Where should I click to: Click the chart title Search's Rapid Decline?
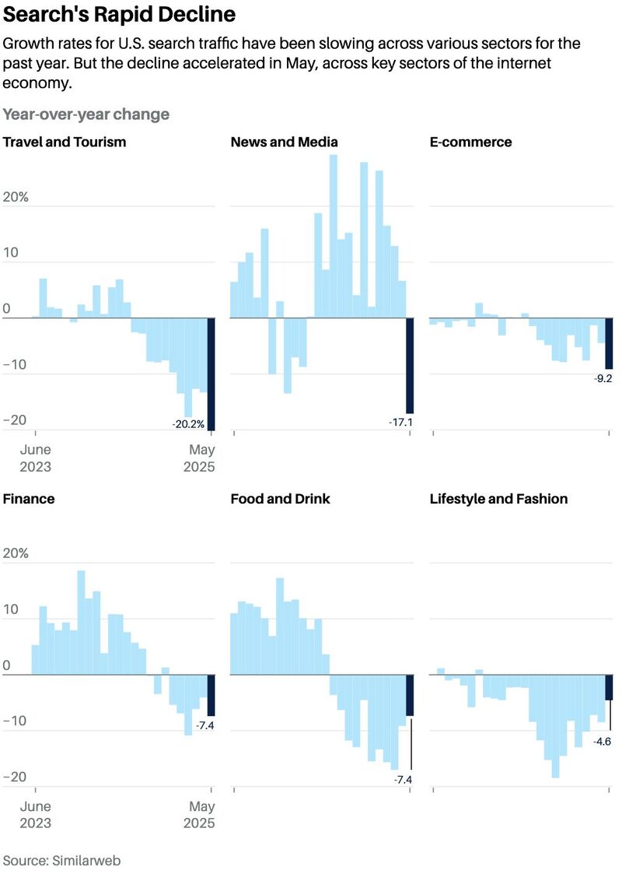click(x=119, y=14)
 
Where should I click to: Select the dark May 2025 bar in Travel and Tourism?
click(x=211, y=374)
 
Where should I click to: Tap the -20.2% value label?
click(x=188, y=424)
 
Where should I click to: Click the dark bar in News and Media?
click(x=410, y=365)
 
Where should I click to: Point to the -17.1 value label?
click(x=401, y=423)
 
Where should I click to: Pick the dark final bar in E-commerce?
click(x=609, y=343)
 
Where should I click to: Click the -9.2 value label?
click(x=603, y=378)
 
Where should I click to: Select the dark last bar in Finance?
click(x=211, y=695)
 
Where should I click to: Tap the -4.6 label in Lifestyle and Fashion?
click(x=602, y=742)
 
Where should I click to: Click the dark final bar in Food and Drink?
click(x=410, y=695)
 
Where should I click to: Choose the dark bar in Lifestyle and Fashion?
click(x=609, y=687)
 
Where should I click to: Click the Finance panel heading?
click(x=29, y=499)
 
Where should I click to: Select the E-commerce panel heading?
click(x=470, y=142)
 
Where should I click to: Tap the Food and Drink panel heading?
click(x=280, y=499)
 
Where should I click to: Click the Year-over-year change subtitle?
click(x=86, y=114)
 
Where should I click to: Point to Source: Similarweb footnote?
click(x=61, y=861)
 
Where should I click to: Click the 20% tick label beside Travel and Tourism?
click(x=16, y=197)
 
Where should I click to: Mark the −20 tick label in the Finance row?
click(x=15, y=777)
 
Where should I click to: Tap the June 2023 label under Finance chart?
click(x=35, y=814)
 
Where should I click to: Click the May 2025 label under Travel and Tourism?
click(x=199, y=458)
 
